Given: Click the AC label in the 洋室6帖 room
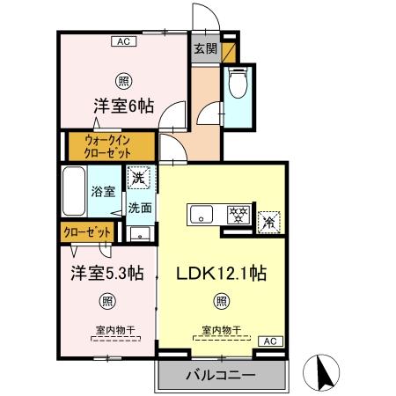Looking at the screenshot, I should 123,40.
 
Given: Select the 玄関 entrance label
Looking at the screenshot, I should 205,49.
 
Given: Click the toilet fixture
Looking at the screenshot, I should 238,86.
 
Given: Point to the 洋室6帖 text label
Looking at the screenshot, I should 124,106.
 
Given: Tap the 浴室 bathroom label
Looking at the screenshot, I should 102,191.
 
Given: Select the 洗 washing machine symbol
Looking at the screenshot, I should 138,177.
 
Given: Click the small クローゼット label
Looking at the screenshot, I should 87,232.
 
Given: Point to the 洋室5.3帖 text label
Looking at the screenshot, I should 107,273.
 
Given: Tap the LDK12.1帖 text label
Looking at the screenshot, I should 223,274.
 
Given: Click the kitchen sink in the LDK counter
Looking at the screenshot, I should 202,214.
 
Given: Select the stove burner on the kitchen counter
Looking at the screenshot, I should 236,214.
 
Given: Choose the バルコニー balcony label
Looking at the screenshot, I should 221,376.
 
